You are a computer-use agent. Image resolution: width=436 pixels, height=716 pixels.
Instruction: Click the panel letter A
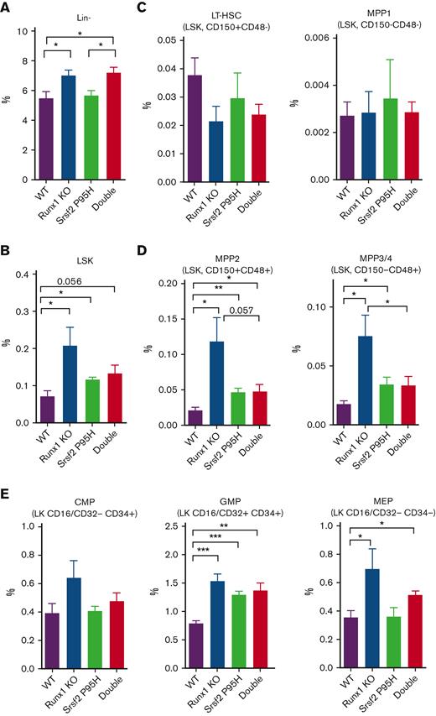click(x=7, y=7)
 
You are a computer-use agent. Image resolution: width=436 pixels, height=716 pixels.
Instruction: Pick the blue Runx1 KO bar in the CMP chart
click(x=67, y=624)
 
